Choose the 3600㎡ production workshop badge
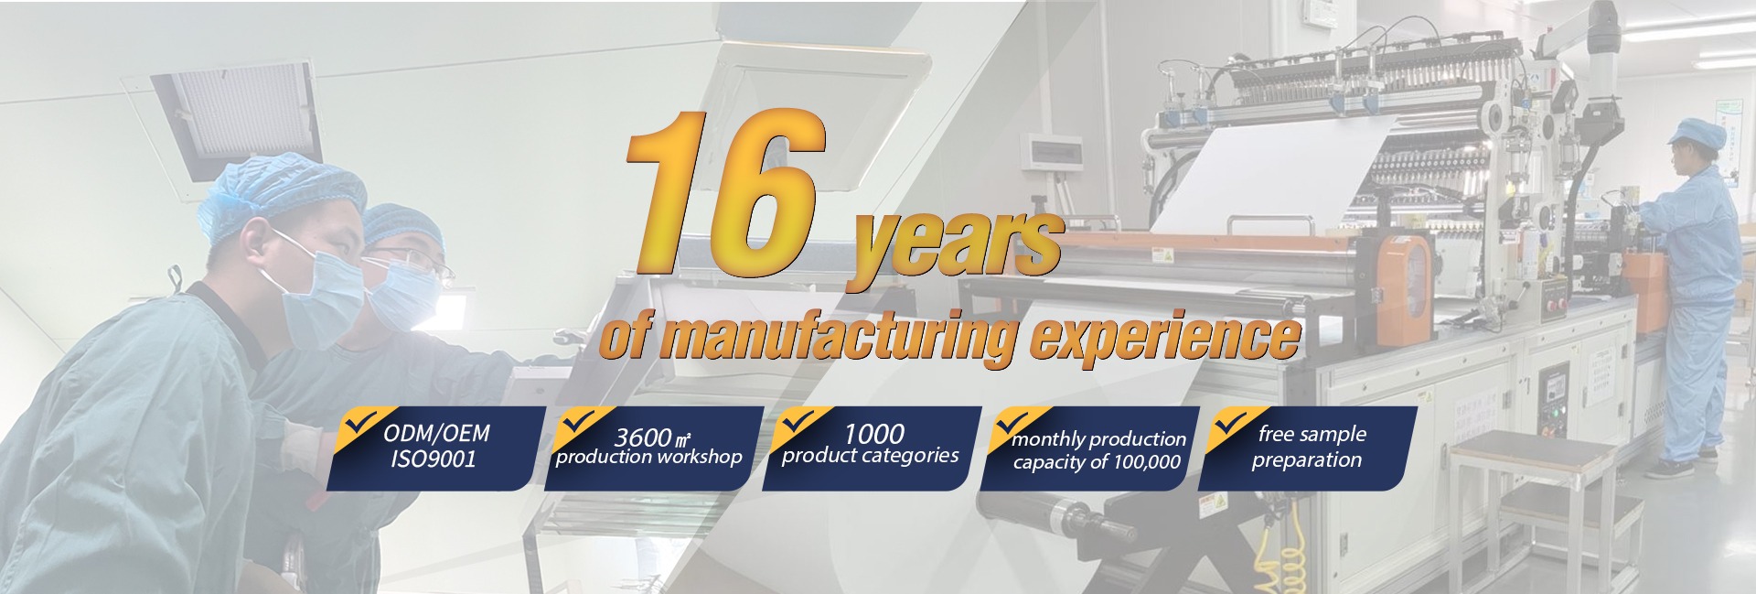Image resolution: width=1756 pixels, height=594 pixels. [653, 448]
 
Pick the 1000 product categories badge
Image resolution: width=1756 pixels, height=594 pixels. [871, 448]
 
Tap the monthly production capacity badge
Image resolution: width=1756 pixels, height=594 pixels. [1088, 448]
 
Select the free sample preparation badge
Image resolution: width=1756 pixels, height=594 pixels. [1307, 448]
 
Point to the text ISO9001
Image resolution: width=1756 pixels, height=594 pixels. [434, 459]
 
